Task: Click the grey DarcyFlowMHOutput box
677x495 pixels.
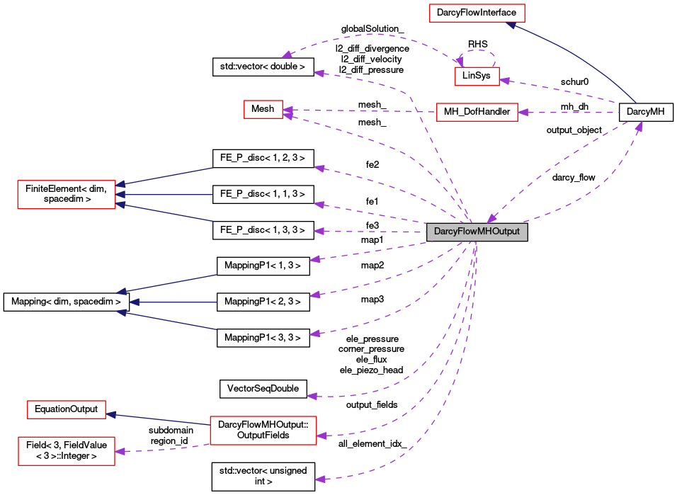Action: tap(477, 232)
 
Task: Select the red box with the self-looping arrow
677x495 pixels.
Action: tap(477, 76)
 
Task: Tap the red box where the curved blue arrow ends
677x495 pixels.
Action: tap(477, 13)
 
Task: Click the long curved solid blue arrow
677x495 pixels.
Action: tap(581, 53)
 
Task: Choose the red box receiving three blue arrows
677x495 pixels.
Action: tap(66, 195)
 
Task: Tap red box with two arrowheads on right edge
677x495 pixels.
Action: tap(263, 110)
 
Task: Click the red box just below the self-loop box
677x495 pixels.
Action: tap(477, 112)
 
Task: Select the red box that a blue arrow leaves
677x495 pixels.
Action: tap(263, 431)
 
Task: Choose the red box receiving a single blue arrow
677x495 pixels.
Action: tap(66, 409)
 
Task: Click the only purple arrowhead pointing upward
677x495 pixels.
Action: tap(639, 127)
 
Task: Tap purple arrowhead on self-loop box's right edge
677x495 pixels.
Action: tap(505, 81)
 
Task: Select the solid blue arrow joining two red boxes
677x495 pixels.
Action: tap(157, 419)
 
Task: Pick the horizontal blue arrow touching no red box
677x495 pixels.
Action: tap(173, 302)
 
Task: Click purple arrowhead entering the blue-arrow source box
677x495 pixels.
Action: tap(322, 436)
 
